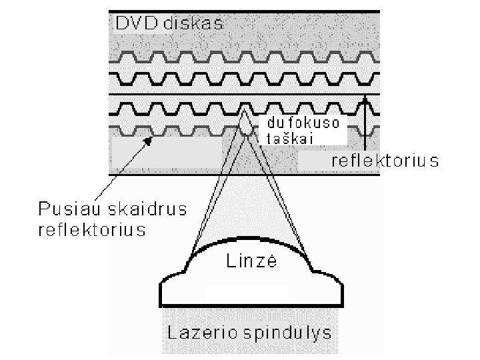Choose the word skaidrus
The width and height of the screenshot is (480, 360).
[x=144, y=209]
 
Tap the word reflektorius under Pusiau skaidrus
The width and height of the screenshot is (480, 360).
[x=90, y=230]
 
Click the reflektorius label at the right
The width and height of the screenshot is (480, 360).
[x=385, y=161]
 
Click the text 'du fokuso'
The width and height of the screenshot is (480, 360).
[x=303, y=123]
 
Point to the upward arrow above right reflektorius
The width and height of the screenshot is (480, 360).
[x=365, y=123]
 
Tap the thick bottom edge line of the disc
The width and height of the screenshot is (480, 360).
[x=244, y=175]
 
